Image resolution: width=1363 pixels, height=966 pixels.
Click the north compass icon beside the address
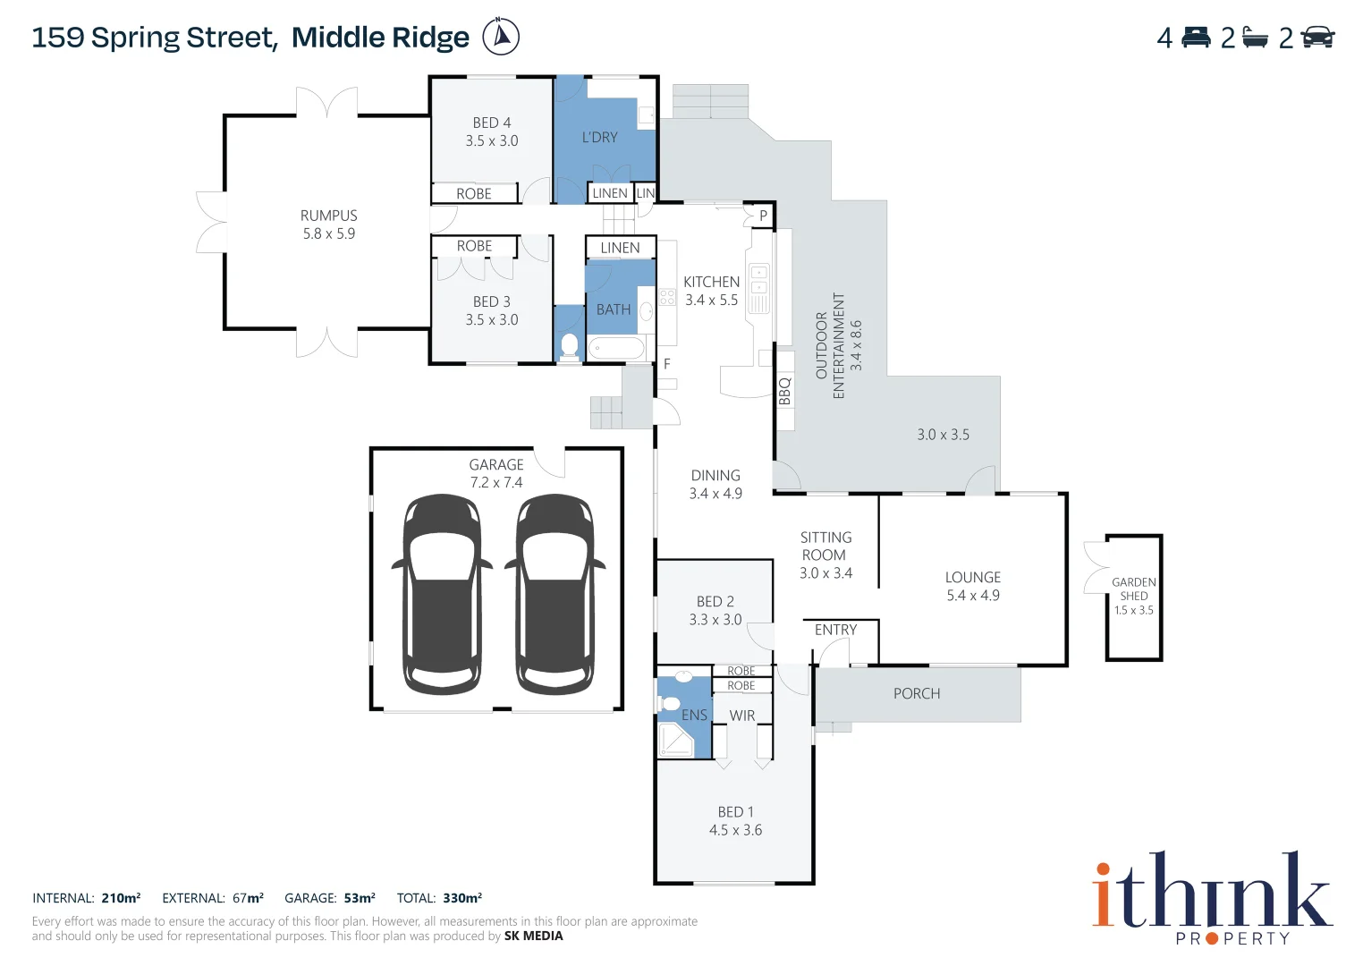(x=501, y=37)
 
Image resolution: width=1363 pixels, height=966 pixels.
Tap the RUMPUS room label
(x=328, y=216)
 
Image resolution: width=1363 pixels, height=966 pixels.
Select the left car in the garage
(x=441, y=594)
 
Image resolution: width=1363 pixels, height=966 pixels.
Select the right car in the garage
(x=555, y=594)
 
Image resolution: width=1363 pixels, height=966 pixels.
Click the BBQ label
(x=784, y=391)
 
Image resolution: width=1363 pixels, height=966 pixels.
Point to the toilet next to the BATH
(x=569, y=344)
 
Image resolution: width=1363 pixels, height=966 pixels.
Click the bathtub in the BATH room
(x=616, y=348)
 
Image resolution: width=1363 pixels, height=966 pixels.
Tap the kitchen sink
(x=758, y=280)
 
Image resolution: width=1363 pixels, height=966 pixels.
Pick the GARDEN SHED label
(x=1133, y=589)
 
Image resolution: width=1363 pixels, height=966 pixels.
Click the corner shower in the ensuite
(x=674, y=741)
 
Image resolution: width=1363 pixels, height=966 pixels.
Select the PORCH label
(x=917, y=693)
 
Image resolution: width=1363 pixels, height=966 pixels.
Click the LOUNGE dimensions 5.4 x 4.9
(x=973, y=596)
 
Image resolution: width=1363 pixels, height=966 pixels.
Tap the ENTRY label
(x=835, y=630)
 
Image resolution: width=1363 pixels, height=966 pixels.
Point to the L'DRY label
(x=599, y=138)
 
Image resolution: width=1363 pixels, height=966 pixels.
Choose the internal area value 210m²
(x=121, y=898)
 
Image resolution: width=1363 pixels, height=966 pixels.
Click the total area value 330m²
(x=462, y=898)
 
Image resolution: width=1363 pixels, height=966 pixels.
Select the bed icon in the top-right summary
(x=1196, y=38)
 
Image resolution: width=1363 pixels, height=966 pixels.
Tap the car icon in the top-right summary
(x=1317, y=38)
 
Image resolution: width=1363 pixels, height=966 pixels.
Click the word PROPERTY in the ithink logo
(x=1233, y=938)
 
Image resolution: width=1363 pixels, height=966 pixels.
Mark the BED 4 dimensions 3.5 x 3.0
(x=491, y=141)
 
